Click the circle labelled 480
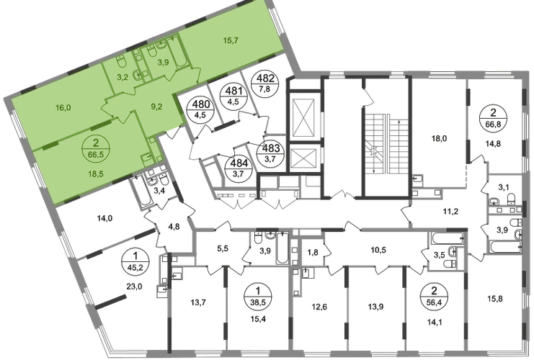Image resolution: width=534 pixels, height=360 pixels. click(201, 109)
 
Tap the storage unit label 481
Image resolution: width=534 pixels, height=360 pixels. click(233, 96)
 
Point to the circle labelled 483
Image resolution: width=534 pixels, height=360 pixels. click(272, 153)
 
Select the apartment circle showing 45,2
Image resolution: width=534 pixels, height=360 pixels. click(135, 261)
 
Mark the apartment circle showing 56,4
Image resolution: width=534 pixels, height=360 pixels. click(434, 297)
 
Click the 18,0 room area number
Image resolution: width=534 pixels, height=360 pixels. click(439, 138)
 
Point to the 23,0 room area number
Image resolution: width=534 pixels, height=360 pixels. click(134, 287)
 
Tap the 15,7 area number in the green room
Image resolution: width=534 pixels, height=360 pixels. click(231, 40)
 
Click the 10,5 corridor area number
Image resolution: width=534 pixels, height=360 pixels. click(378, 250)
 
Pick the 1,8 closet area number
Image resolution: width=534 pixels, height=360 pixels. click(313, 253)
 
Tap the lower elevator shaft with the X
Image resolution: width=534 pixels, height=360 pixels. click(303, 158)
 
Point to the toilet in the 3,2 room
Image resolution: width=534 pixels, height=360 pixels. click(122, 61)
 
